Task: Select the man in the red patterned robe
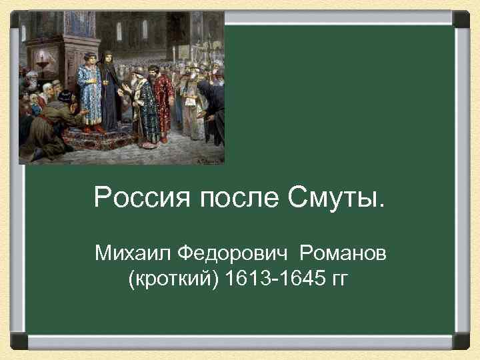pyautogui.click(x=163, y=100)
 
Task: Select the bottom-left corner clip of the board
pyautogui.click(x=19, y=341)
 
